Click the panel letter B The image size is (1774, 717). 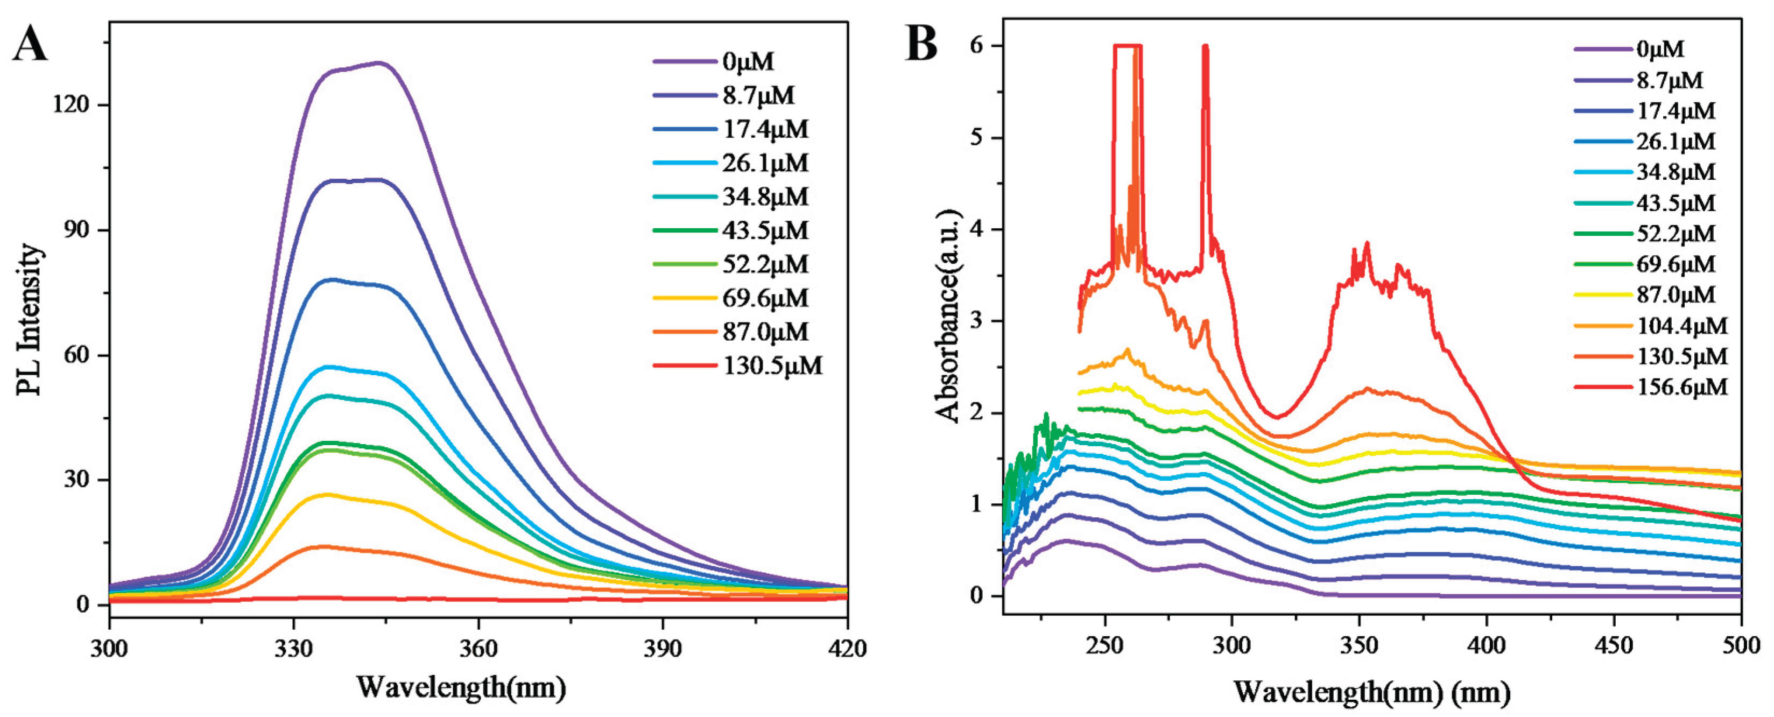(x=921, y=43)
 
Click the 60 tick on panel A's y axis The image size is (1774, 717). (x=76, y=355)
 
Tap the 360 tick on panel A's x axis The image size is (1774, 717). (x=478, y=648)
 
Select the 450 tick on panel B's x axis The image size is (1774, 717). (x=1614, y=645)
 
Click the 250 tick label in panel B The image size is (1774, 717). (x=1104, y=645)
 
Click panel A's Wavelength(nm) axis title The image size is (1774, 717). (x=461, y=687)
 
